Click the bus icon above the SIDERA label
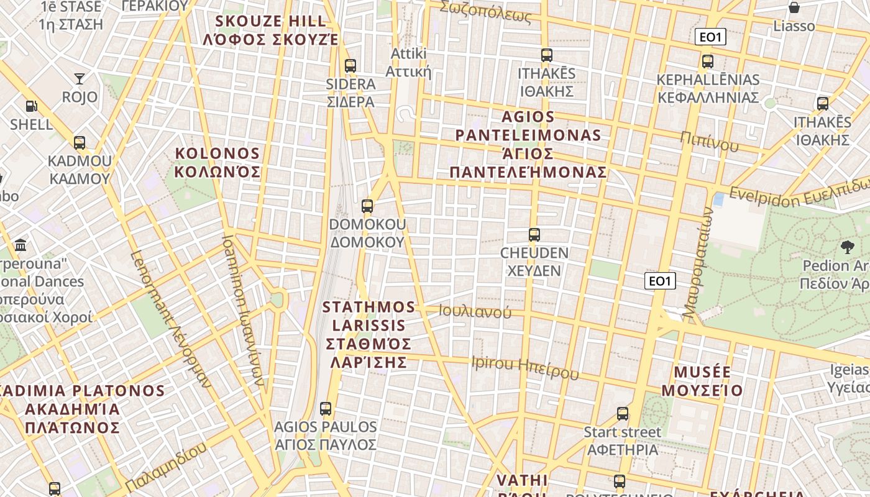[350, 65]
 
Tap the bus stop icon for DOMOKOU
[367, 206]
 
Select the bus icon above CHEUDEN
[534, 235]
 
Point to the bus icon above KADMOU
[80, 142]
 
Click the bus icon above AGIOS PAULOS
[326, 408]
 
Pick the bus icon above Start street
[623, 413]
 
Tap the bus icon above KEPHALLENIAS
[708, 62]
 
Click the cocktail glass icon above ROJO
[80, 78]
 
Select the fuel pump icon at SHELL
[31, 106]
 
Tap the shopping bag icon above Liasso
[794, 7]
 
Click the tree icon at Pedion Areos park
[847, 247]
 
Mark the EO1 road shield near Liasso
[710, 37]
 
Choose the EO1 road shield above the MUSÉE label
[659, 281]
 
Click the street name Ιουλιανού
[475, 312]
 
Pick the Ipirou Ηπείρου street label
[525, 367]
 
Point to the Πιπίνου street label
[709, 142]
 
